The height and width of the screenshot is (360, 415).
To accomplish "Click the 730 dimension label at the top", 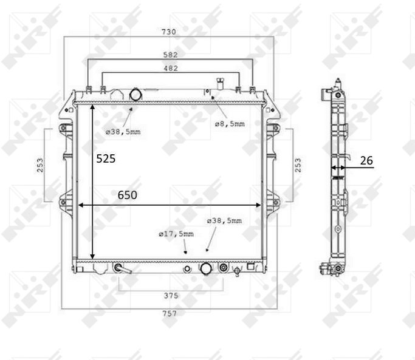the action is click(x=169, y=32).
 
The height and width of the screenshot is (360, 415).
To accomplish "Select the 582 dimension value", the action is click(x=171, y=55).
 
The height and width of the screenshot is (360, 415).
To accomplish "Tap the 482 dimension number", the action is click(x=171, y=68).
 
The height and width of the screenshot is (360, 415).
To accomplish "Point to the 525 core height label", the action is click(x=106, y=158).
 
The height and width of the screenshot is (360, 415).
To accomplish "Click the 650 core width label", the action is click(x=128, y=195).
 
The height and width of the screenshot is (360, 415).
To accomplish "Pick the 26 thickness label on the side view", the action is click(x=366, y=160).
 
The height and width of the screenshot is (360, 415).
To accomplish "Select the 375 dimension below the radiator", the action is click(x=171, y=296).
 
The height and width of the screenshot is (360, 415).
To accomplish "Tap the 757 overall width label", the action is click(x=170, y=313).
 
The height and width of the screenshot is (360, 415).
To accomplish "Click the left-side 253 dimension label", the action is click(x=40, y=165).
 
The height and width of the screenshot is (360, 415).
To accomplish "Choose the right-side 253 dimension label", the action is click(x=298, y=165).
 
